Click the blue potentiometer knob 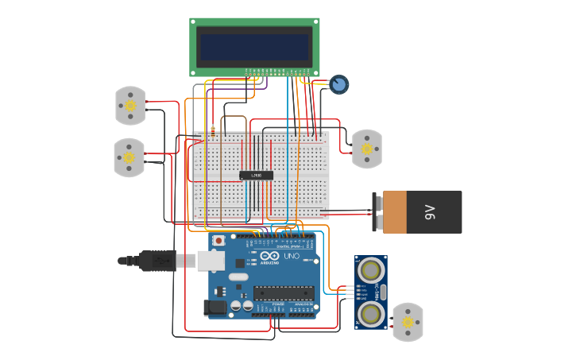point(339,84)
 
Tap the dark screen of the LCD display point(254,47)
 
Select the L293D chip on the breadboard point(257,175)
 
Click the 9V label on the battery point(430,212)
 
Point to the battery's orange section point(394,212)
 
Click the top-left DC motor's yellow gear point(130,106)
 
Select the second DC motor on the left point(130,157)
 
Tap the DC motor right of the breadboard point(366,149)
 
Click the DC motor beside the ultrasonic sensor point(408,322)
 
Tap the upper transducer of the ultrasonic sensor point(370,271)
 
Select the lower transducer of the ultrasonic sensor point(370,313)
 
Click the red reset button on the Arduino point(218,240)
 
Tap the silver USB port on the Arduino point(211,260)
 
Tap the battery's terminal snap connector point(377,212)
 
